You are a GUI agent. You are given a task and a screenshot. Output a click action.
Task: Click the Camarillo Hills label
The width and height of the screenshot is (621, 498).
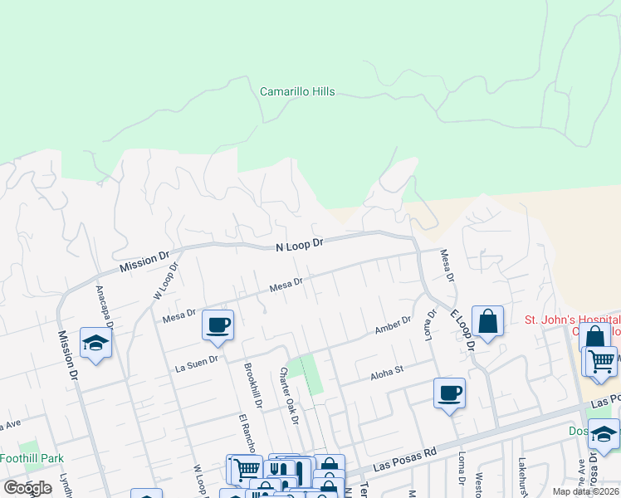click(x=297, y=91)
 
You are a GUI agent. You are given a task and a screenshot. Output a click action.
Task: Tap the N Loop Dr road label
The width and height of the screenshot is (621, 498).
click(x=299, y=244)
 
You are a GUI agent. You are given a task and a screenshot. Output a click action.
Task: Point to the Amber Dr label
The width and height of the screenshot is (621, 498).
click(x=393, y=325)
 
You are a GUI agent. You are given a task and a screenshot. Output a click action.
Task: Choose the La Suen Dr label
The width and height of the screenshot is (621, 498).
click(x=196, y=360)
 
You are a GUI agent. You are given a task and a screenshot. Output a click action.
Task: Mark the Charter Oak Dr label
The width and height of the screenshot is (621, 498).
click(x=289, y=395)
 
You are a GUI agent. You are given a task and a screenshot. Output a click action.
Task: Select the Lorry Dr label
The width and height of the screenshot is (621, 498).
click(x=432, y=326)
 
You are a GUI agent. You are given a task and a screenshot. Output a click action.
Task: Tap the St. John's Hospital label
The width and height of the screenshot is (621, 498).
click(x=571, y=320)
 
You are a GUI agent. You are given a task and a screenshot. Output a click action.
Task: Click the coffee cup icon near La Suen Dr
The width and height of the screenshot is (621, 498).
click(x=218, y=325)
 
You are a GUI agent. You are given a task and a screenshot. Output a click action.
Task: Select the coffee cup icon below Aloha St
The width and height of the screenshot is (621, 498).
click(x=449, y=393)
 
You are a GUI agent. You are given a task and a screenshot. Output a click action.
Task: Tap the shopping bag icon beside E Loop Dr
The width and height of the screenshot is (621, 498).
click(x=487, y=321)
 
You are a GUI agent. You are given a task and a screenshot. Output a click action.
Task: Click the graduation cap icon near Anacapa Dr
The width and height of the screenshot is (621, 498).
click(x=96, y=343)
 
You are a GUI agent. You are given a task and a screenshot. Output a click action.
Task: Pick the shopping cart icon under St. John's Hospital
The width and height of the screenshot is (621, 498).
click(x=602, y=360)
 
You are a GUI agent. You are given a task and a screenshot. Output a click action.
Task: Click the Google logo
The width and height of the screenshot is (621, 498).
click(x=27, y=488)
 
